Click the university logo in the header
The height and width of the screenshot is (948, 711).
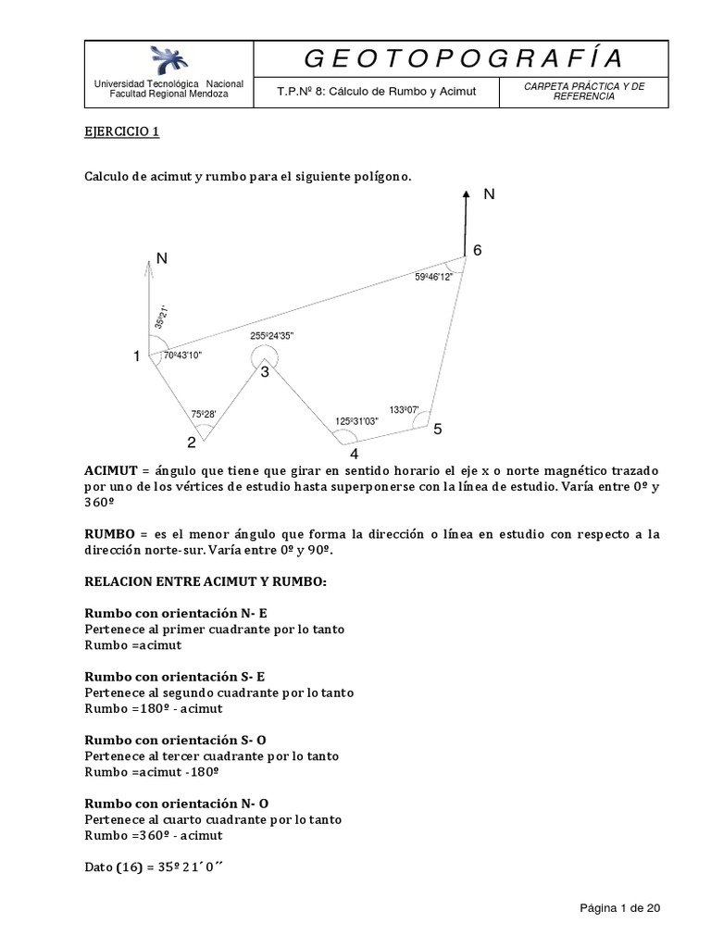169,60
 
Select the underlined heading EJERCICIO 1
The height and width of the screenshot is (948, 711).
122,131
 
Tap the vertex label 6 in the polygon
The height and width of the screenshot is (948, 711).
477,251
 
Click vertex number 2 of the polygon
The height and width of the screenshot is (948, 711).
192,442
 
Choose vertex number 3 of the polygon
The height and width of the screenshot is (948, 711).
264,372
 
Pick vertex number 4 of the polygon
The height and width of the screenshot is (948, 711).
354,454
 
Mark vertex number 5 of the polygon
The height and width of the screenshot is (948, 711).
438,430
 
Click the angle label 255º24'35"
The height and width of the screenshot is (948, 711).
271,336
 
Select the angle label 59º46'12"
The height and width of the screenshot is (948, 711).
433,277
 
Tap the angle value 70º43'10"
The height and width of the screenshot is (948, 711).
182,355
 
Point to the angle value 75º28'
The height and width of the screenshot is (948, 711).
203,414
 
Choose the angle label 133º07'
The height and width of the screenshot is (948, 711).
405,409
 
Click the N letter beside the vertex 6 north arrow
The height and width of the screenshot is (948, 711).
489,195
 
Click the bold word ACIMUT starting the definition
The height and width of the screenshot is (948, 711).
110,470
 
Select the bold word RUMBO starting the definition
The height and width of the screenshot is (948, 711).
108,534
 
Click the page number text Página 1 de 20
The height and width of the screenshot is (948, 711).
619,908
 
